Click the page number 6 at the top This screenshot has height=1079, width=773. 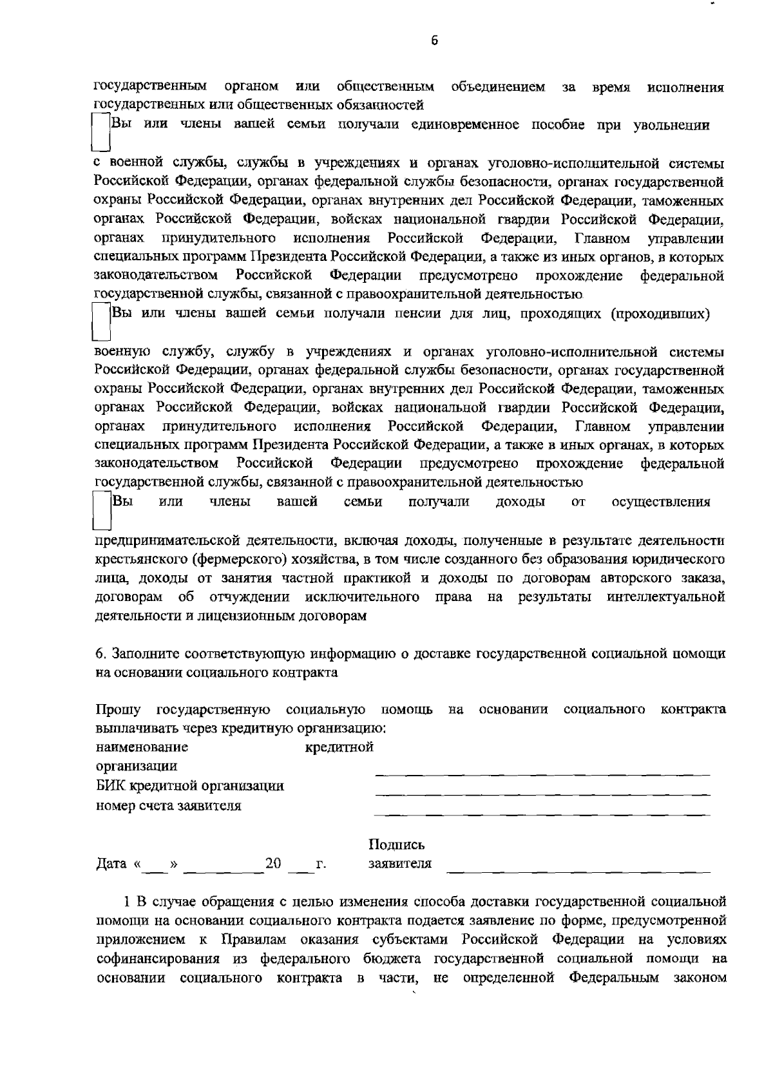[434, 41]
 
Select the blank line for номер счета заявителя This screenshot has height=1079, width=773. [542, 814]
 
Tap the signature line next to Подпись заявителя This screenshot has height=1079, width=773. [578, 871]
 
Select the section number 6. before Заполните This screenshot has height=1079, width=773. [101, 654]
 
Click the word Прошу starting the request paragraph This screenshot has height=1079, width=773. [118, 710]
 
